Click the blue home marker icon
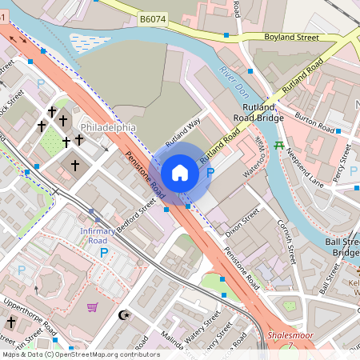tap(180, 172)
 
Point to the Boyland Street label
tap(291, 37)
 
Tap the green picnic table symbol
tap(279, 146)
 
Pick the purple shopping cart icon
tap(93, 306)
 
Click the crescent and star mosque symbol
tap(124, 315)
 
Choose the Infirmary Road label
tap(98, 235)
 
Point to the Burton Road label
tap(314, 122)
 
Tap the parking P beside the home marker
tap(210, 172)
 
